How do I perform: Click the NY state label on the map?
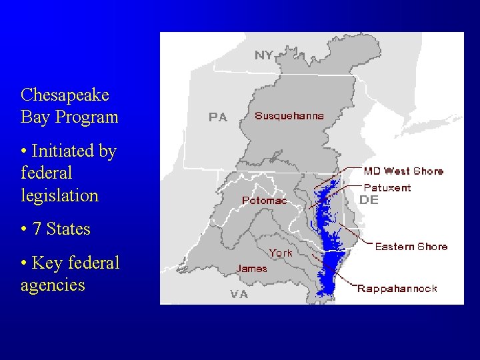click(264, 55)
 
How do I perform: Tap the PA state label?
click(218, 117)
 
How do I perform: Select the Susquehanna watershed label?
click(289, 115)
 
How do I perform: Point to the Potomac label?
click(264, 200)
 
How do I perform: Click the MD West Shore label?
click(403, 171)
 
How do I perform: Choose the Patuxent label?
click(387, 188)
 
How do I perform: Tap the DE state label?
click(369, 199)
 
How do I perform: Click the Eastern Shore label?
click(411, 247)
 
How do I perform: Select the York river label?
click(281, 253)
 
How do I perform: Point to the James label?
click(251, 269)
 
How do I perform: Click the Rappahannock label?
click(397, 289)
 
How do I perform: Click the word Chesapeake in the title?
click(65, 95)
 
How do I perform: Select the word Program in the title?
click(87, 117)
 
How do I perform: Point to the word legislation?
click(59, 195)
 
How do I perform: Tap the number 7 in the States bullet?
click(37, 229)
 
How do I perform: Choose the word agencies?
click(53, 285)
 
